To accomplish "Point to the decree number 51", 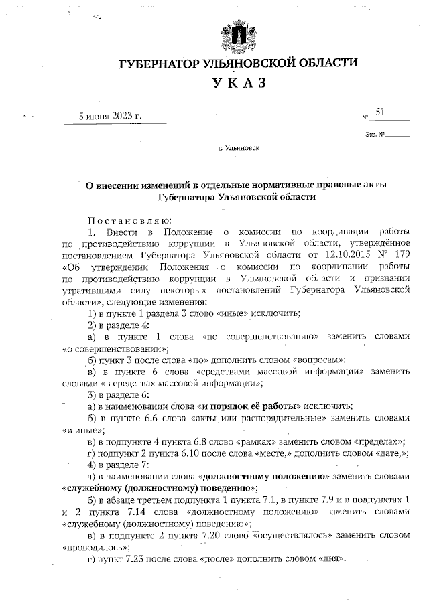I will tap(380, 113).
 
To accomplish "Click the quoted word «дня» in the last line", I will tap(331, 558).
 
